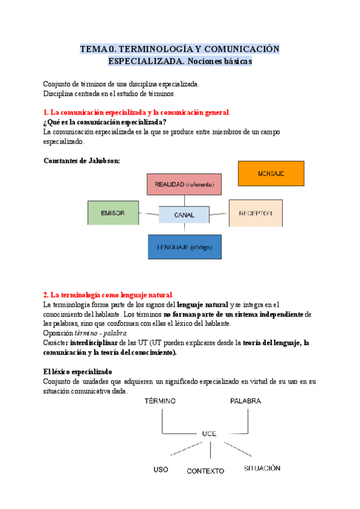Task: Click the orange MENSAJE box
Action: pyautogui.click(x=271, y=173)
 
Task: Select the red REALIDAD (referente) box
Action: pyautogui.click(x=184, y=184)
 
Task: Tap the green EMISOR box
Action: pyautogui.click(x=113, y=212)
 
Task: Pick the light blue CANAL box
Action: pyautogui.click(x=184, y=214)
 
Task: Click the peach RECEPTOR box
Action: pyautogui.click(x=256, y=213)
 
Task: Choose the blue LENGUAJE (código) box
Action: pyautogui.click(x=184, y=247)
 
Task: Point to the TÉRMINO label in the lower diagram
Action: pyautogui.click(x=160, y=401)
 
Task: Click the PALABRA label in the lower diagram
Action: pyautogui.click(x=245, y=401)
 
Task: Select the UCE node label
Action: pyautogui.click(x=209, y=433)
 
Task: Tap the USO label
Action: pyautogui.click(x=161, y=469)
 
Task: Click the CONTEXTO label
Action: pyautogui.click(x=205, y=471)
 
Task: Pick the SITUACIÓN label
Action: pyautogui.click(x=262, y=468)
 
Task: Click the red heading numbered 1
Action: pyautogui.click(x=136, y=112)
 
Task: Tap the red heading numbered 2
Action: pyautogui.click(x=108, y=295)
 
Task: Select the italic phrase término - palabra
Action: pyautogui.click(x=101, y=333)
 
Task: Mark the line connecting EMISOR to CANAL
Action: pyautogui.click(x=149, y=213)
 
